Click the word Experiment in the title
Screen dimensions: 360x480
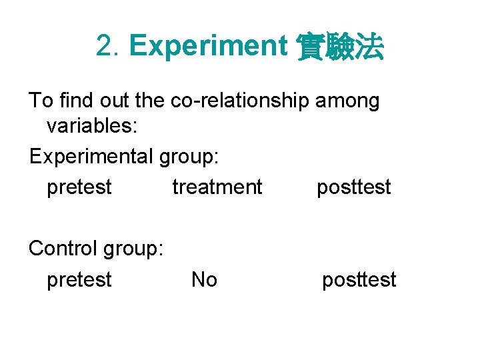[207, 47]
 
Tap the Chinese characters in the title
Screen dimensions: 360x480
[339, 47]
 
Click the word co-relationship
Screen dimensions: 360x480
[239, 101]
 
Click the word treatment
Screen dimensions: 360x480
[217, 187]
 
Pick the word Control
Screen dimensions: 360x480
[63, 248]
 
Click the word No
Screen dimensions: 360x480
[204, 279]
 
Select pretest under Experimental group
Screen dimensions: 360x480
[79, 187]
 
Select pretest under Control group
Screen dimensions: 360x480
[79, 280]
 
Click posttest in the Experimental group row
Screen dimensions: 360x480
[353, 187]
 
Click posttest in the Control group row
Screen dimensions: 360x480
[359, 279]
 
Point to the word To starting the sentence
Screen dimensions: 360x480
[41, 101]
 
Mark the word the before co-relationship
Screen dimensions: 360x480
[151, 101]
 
